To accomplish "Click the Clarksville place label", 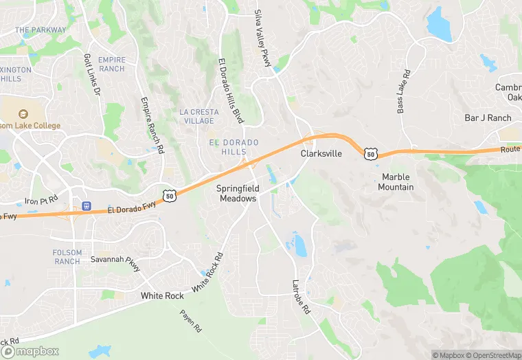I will pyautogui.click(x=321, y=154).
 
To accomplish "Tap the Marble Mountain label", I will pyautogui.click(x=397, y=182).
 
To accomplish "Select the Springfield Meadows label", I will pyautogui.click(x=237, y=193).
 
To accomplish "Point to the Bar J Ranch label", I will pyautogui.click(x=488, y=118).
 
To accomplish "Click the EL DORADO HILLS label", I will pyautogui.click(x=234, y=147).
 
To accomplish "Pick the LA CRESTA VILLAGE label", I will pyautogui.click(x=197, y=116).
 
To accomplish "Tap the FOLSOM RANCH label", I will pyautogui.click(x=67, y=257).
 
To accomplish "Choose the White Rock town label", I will pyautogui.click(x=162, y=295).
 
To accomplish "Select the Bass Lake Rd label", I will pyautogui.click(x=403, y=91).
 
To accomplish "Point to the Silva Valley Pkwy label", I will pyautogui.click(x=263, y=38).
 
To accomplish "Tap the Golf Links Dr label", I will pyautogui.click(x=91, y=74).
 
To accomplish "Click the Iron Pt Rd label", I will pyautogui.click(x=41, y=201).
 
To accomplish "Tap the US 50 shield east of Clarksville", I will pyautogui.click(x=371, y=155).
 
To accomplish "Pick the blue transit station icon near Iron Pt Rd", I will pyautogui.click(x=87, y=206).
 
